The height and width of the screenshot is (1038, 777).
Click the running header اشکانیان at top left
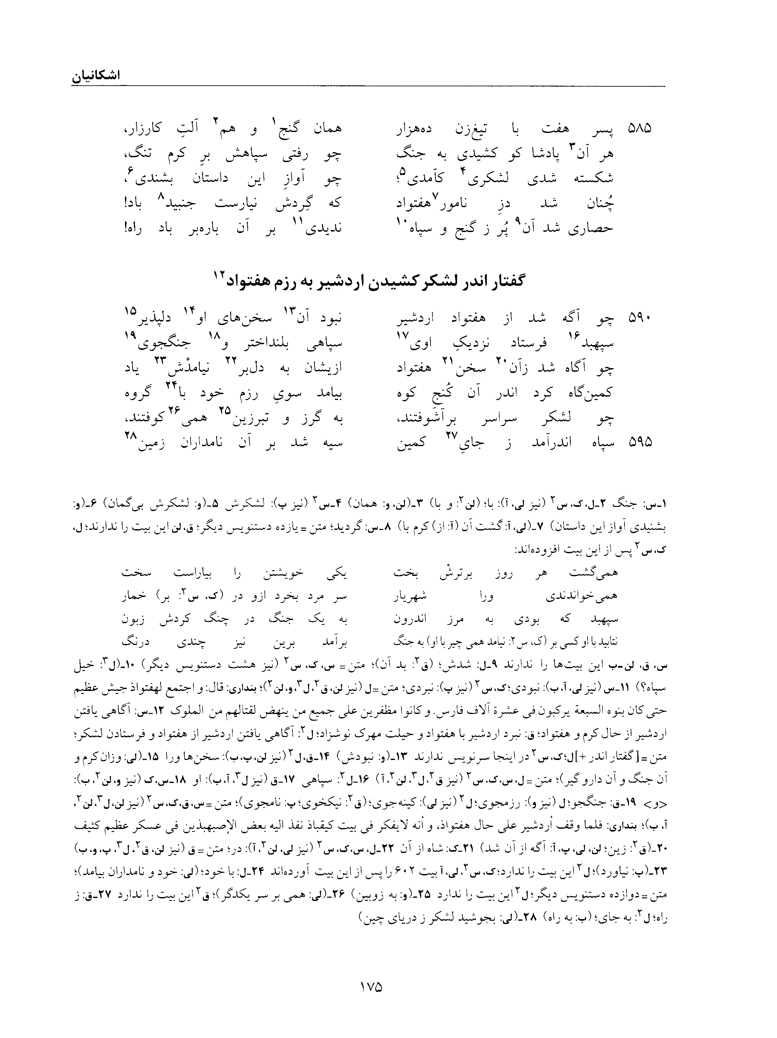point(96,76)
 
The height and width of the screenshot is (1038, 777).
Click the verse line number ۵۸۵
point(640,128)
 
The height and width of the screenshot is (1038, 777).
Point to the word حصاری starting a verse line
point(593,228)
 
